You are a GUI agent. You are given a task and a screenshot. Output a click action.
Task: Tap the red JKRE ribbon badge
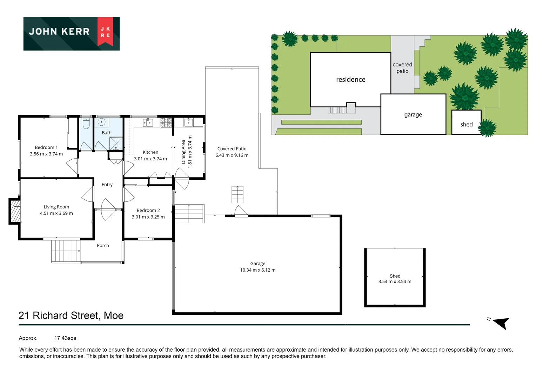[105, 32]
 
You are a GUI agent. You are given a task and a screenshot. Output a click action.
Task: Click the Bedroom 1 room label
[46, 147]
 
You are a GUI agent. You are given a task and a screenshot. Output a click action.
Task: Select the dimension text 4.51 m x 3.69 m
[56, 213]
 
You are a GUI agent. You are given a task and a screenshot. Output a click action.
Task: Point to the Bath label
[107, 133]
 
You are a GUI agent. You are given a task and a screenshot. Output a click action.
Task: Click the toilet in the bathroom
[86, 123]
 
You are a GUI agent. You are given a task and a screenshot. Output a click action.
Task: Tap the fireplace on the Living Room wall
[15, 211]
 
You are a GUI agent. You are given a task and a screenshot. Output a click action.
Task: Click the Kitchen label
[150, 152]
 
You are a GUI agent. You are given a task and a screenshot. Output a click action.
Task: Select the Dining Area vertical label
[183, 152]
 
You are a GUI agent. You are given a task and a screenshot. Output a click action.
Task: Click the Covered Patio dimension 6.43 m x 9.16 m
[232, 155]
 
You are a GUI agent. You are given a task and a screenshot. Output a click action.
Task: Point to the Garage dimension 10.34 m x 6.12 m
[258, 270]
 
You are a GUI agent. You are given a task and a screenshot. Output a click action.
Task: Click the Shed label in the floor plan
[395, 276]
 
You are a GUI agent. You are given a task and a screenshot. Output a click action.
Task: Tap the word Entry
[107, 185]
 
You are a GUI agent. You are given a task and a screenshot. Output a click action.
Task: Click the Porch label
[103, 246]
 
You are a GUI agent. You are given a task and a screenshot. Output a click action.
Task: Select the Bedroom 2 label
[148, 211]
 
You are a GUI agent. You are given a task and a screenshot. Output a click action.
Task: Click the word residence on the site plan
[350, 80]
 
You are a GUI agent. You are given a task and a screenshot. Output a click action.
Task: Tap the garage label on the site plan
[413, 115]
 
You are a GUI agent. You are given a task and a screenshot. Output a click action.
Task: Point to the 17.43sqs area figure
[65, 338]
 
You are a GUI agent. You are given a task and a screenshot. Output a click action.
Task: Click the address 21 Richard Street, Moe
[71, 315]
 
